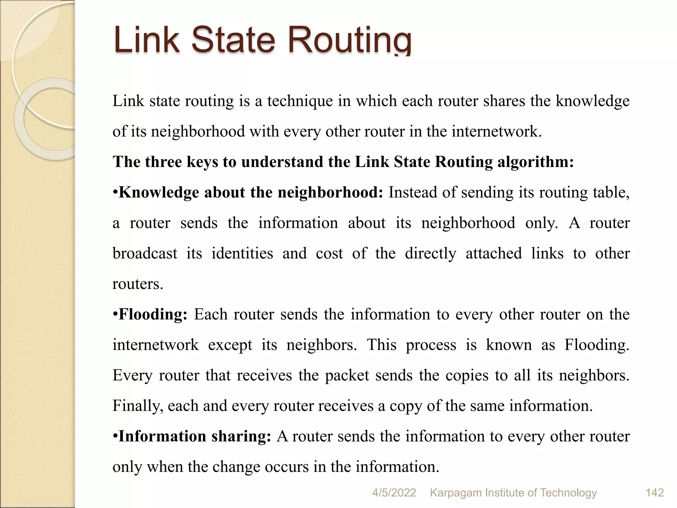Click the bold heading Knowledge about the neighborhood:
coord(251,192)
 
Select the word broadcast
coord(145,254)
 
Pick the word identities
coord(242,254)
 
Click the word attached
coord(494,254)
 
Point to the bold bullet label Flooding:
coord(153,315)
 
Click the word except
coord(230,345)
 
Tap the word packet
coord(347,376)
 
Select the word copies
coord(467,376)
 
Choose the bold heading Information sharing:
coord(195,437)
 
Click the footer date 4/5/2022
coord(394,493)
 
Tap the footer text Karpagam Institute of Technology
coord(513,493)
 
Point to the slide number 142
coord(655,493)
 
